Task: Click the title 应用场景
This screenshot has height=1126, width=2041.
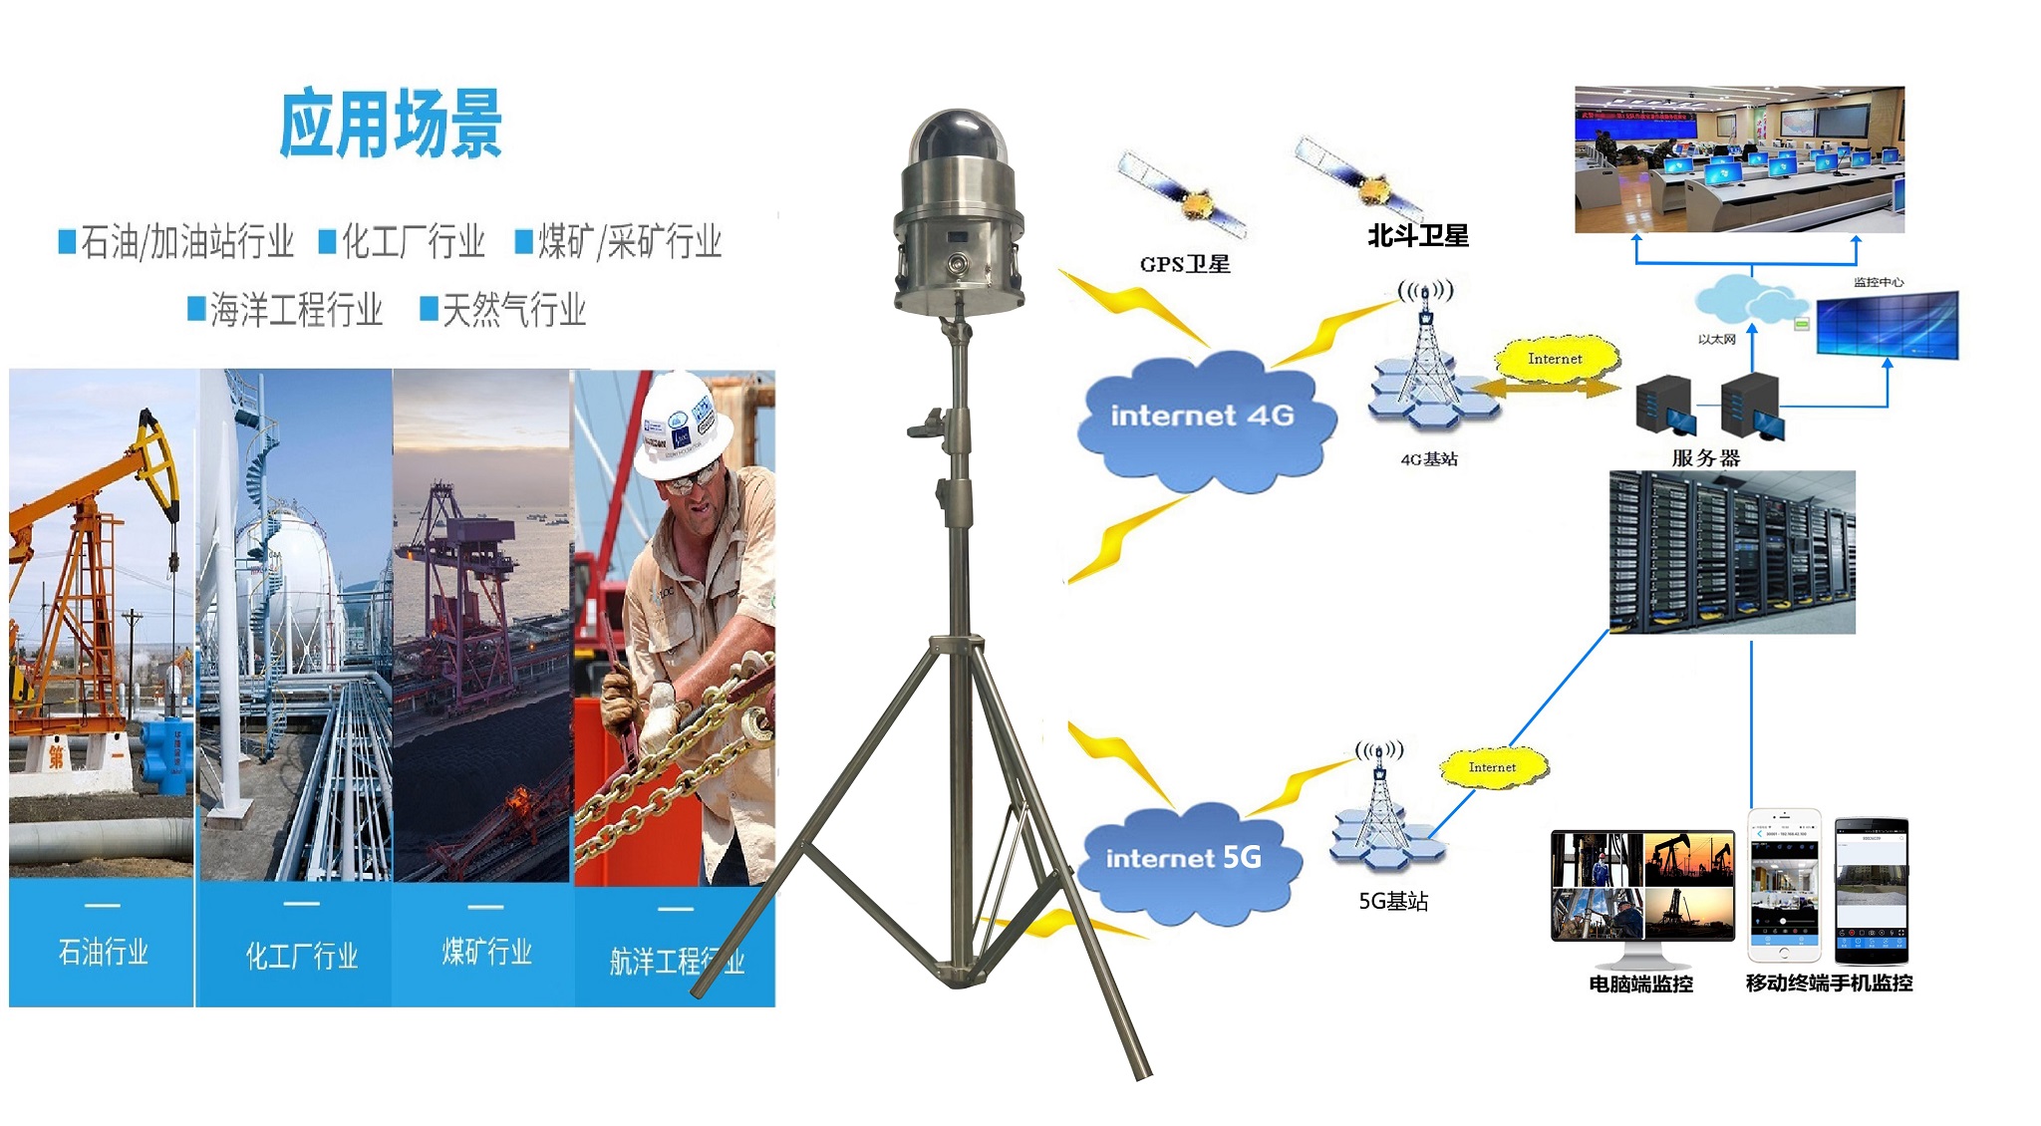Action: [x=391, y=125]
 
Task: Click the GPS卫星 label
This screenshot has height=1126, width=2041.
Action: [x=1185, y=264]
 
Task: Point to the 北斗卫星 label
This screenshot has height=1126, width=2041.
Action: [x=1417, y=236]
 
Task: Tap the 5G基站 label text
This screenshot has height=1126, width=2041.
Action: [x=1393, y=902]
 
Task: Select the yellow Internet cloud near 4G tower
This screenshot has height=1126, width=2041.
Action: [x=1555, y=360]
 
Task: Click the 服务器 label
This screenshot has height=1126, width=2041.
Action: [x=1705, y=458]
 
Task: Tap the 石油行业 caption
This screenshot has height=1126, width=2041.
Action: [x=103, y=953]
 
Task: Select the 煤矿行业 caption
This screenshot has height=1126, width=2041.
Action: [x=486, y=953]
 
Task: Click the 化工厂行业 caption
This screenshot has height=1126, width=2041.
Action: [x=301, y=957]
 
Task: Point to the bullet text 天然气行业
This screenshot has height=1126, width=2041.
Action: [x=513, y=310]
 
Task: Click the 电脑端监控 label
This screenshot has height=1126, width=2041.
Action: [x=1640, y=985]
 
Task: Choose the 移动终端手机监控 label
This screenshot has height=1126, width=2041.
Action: [x=1829, y=984]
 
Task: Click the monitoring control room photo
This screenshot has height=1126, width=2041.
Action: [x=1739, y=159]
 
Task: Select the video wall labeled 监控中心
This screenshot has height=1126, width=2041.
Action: [x=1887, y=324]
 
